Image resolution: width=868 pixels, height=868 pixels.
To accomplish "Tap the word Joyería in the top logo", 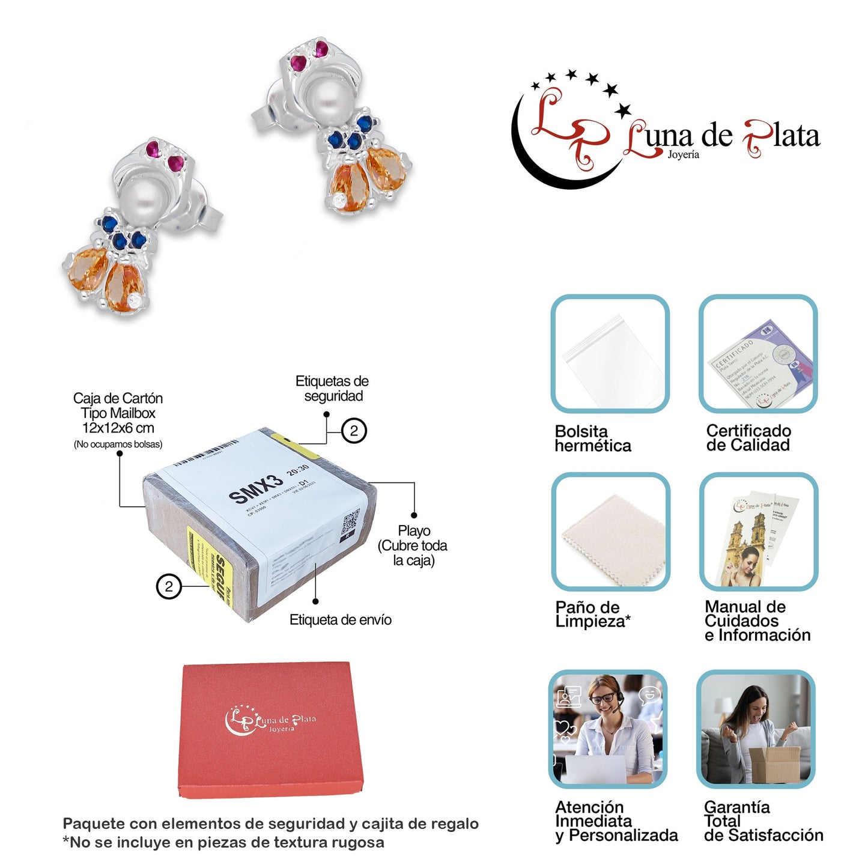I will tap(683, 155).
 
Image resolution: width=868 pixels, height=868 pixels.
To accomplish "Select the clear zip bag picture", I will tap(610, 354).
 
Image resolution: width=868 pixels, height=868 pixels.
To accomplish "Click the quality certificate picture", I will tap(758, 354).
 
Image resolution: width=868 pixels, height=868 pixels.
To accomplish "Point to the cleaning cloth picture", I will tap(610, 532).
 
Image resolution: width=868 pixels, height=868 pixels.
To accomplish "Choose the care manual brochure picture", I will tap(758, 532).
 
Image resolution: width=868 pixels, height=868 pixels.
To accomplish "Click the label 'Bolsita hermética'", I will tap(592, 439).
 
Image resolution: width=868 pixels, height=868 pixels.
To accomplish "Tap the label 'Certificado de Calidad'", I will tap(748, 438).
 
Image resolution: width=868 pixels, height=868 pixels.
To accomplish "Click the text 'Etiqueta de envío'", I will tap(340, 620).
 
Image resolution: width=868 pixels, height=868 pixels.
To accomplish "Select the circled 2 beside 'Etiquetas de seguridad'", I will tap(354, 431).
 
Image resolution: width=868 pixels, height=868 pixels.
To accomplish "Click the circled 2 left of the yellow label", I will tap(169, 586).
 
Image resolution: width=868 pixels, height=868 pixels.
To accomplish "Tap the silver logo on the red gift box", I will tap(270, 720).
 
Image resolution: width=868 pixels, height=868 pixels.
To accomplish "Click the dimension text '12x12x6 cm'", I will tap(118, 428).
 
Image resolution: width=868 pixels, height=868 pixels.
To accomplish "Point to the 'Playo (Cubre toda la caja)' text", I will tap(413, 545).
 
